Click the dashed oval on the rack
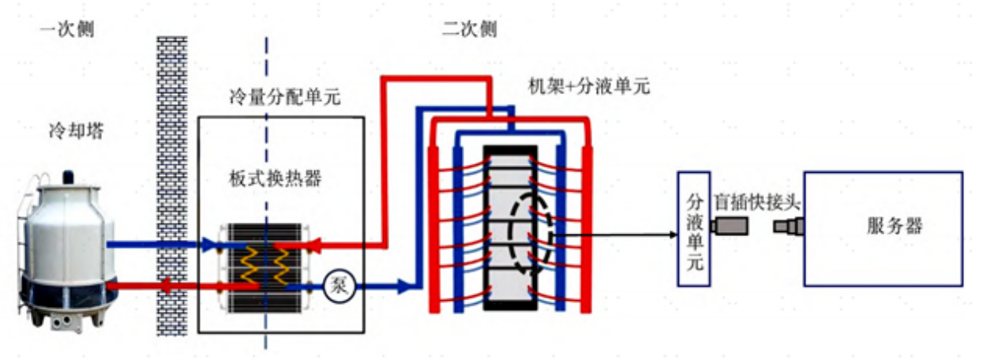coord(522,236)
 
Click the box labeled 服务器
coord(883,228)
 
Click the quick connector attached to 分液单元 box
coord(724,228)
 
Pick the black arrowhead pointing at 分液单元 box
coord(672,235)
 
